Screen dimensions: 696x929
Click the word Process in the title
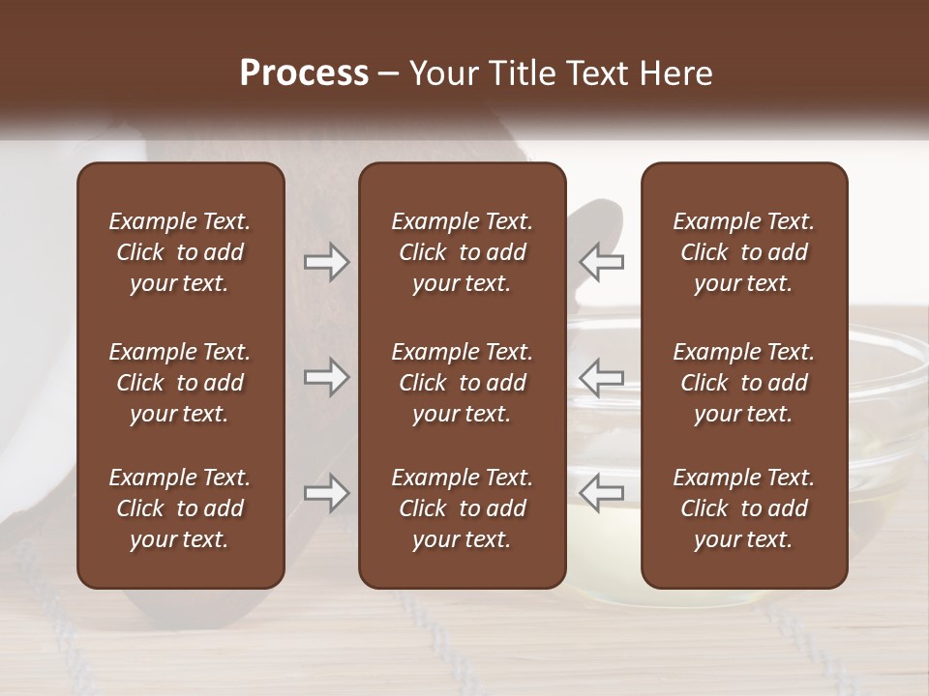tap(304, 73)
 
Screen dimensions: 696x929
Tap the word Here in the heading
tap(676, 73)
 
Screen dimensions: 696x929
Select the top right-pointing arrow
tap(327, 262)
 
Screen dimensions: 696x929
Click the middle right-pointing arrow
tap(327, 377)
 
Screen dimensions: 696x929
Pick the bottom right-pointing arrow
tap(327, 493)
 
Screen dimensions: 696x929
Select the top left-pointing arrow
tap(601, 262)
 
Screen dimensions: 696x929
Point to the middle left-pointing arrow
tap(601, 377)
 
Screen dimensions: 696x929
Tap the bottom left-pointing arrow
tap(601, 493)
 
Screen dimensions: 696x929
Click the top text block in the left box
tap(180, 252)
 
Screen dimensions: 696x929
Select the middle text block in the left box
tap(180, 383)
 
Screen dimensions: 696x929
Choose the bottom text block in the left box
tap(180, 508)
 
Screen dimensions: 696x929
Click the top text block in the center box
tap(463, 252)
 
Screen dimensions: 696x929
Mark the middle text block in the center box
tap(463, 383)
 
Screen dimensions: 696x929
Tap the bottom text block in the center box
tap(463, 508)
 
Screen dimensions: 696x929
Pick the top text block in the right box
tap(744, 252)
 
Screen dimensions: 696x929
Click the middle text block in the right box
tap(744, 383)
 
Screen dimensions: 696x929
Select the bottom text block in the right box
tap(744, 508)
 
